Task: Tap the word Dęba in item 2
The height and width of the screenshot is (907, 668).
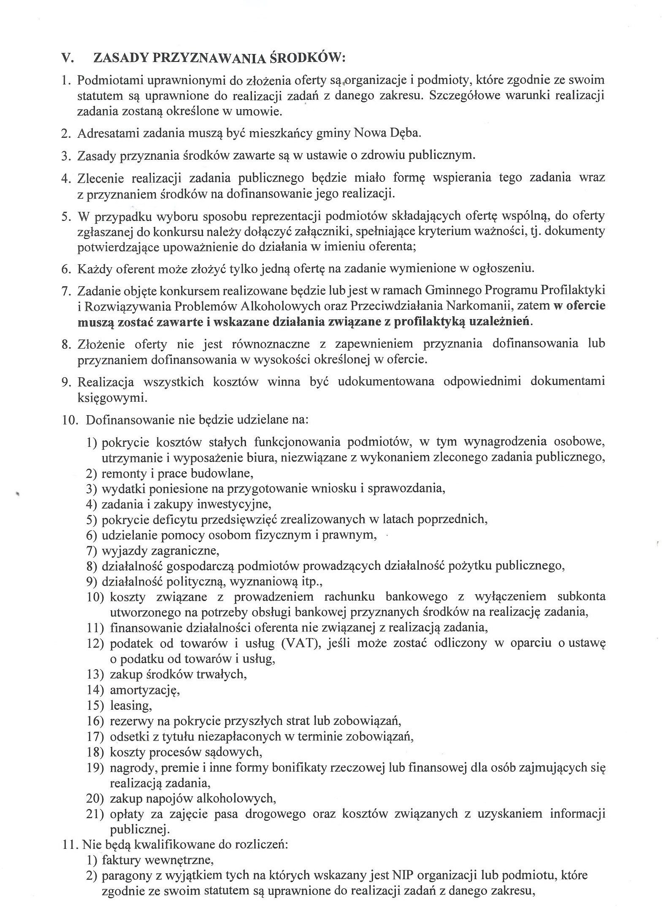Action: pos(406,133)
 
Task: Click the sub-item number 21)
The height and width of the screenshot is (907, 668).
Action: pos(95,814)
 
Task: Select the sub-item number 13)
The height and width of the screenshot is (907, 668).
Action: pos(95,674)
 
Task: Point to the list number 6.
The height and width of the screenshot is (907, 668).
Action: pos(66,268)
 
